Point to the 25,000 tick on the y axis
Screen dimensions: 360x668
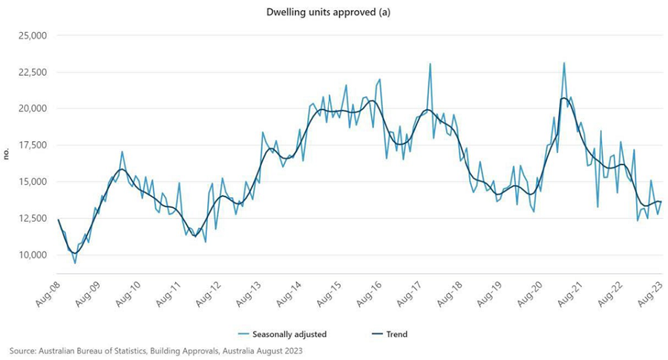pos(32,36)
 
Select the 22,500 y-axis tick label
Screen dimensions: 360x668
pos(32,72)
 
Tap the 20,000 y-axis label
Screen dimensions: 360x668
pos(32,108)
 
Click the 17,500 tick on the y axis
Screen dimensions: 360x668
pos(32,145)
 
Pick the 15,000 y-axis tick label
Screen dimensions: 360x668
pos(32,182)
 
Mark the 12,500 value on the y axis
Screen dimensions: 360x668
pos(32,218)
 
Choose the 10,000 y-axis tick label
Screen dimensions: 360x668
pos(32,255)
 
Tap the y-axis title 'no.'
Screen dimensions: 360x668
pos(7,154)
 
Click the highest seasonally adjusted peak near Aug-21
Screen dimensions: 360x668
pos(564,63)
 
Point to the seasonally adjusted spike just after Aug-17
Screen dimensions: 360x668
pos(430,65)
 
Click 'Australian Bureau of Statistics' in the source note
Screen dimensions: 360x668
pos(88,350)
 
